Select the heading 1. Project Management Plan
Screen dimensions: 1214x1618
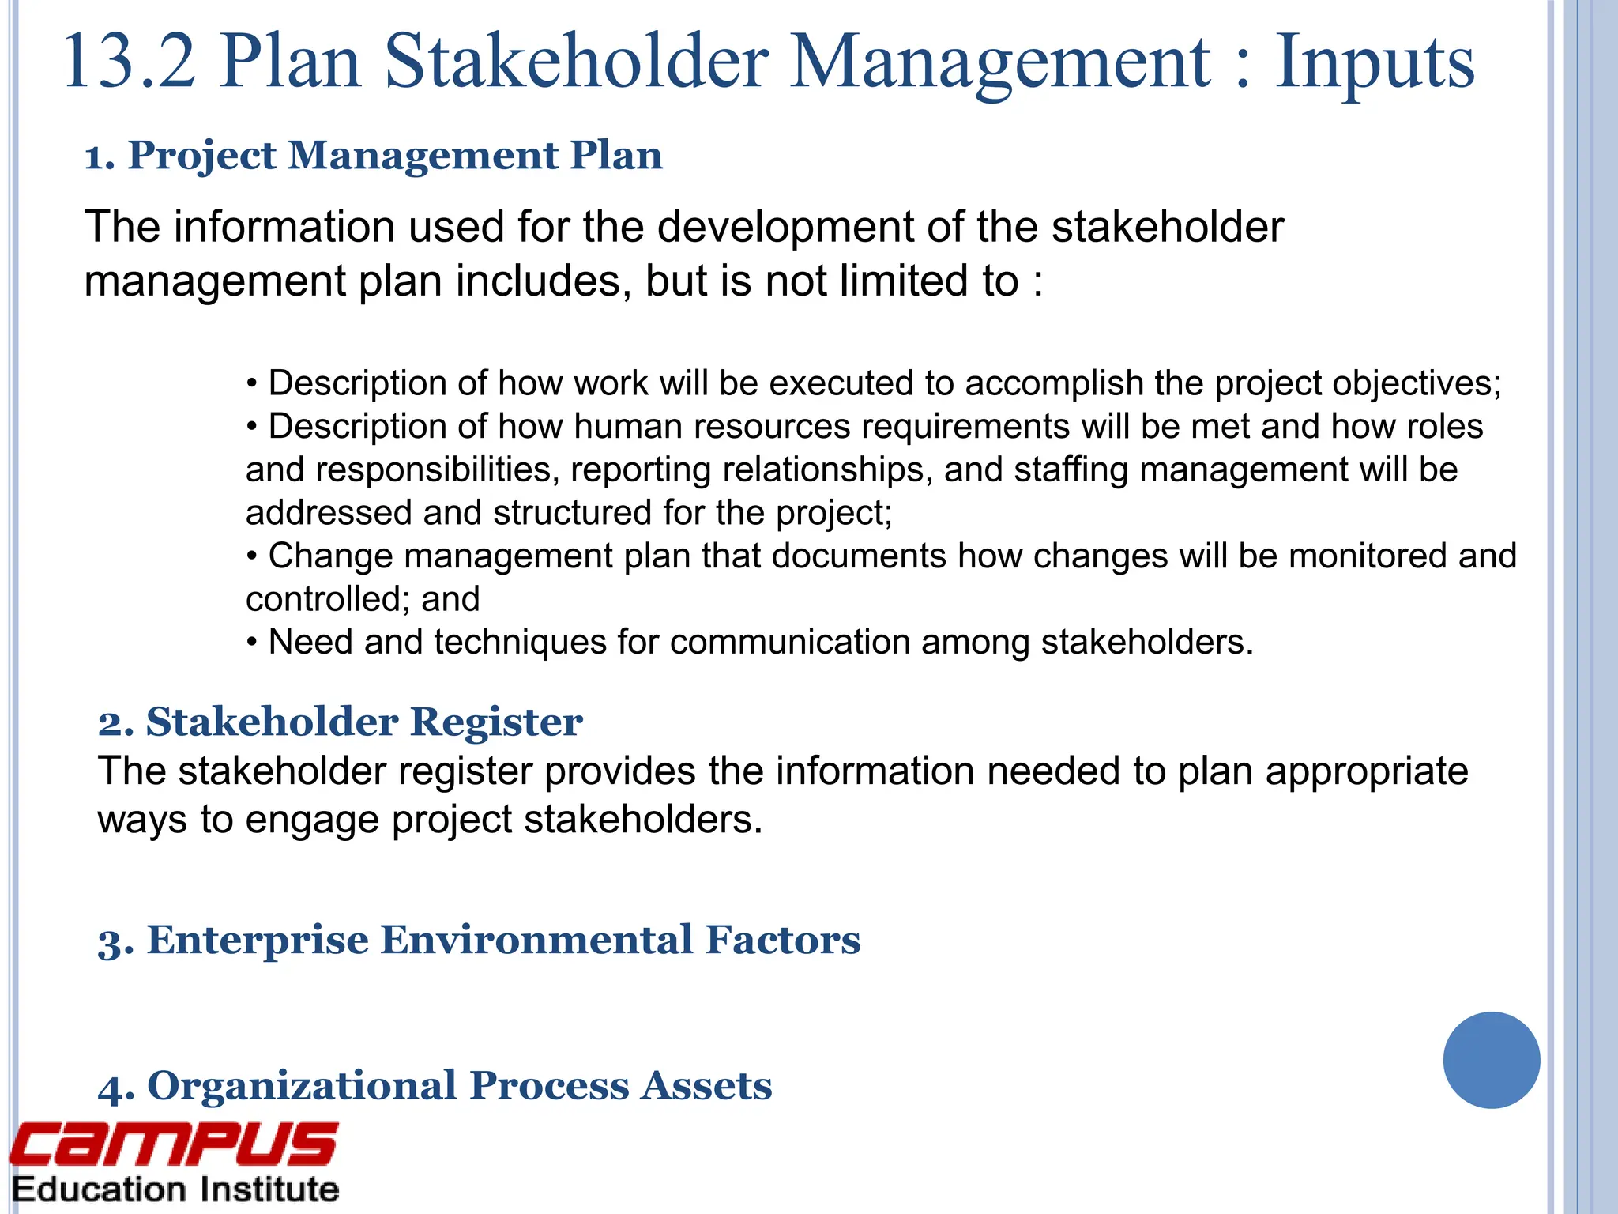point(374,155)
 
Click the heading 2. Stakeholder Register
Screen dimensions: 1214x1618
point(341,722)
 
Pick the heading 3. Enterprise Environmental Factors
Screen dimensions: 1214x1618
point(480,940)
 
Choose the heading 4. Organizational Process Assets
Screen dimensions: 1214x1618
point(435,1085)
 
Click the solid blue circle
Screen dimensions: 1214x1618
point(1491,1060)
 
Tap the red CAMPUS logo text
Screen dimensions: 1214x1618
point(174,1144)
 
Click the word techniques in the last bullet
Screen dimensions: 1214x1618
point(520,642)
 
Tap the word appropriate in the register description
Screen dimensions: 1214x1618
point(1367,771)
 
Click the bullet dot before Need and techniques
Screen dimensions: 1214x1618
point(252,643)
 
